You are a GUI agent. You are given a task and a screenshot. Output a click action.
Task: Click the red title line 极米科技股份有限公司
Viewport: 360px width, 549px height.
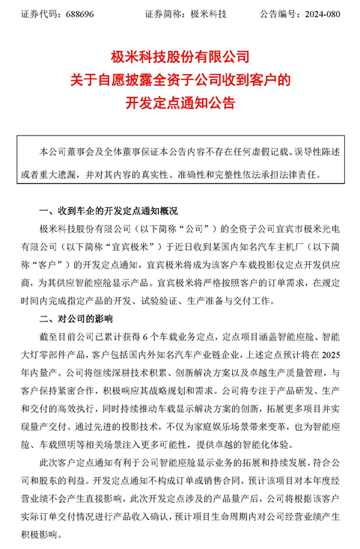(180, 56)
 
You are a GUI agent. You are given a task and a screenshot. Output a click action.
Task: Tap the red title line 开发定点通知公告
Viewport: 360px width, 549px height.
(180, 102)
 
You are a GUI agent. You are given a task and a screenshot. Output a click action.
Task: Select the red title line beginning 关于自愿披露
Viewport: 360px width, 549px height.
(180, 79)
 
